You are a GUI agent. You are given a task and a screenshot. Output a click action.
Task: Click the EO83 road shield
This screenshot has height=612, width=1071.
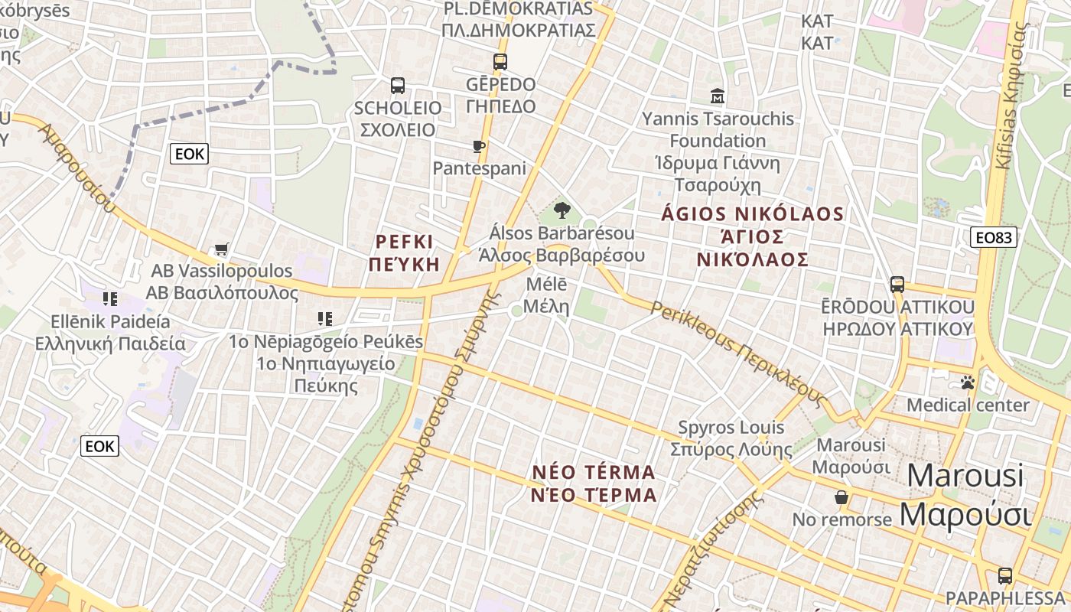tap(994, 237)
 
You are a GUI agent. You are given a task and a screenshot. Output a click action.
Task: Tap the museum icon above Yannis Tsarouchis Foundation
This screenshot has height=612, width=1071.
tap(718, 96)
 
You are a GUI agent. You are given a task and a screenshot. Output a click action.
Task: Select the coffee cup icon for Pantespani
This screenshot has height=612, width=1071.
tap(479, 146)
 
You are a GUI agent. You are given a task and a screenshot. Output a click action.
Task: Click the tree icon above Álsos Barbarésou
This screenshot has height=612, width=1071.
tap(562, 210)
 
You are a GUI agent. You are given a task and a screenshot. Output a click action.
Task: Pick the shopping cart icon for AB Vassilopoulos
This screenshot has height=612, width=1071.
tap(222, 249)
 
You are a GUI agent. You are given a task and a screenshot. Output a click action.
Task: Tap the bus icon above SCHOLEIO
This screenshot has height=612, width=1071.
tap(397, 86)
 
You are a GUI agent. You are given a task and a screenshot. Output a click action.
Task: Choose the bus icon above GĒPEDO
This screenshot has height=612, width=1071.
tap(500, 62)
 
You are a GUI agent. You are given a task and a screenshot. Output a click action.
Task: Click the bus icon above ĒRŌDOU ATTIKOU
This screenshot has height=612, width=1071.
tap(897, 285)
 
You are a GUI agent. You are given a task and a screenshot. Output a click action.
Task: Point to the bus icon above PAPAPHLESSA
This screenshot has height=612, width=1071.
tap(1004, 576)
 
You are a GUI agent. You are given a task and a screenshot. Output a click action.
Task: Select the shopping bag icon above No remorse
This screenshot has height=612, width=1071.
tap(841, 498)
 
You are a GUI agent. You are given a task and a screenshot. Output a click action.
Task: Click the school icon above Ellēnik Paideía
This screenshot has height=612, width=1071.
tap(110, 298)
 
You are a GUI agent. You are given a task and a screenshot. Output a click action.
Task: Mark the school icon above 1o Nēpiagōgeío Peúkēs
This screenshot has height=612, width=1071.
tap(325, 318)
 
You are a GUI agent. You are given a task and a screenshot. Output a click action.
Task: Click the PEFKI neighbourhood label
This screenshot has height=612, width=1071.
tap(405, 253)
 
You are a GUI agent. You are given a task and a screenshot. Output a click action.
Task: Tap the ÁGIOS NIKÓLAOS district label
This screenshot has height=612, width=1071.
tap(753, 236)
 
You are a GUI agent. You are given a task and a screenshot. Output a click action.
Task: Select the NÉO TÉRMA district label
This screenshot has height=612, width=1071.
tap(594, 483)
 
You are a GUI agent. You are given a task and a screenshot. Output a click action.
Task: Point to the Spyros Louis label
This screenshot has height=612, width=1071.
tap(731, 438)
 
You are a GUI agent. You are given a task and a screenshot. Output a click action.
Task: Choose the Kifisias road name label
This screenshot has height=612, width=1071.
tap(1011, 96)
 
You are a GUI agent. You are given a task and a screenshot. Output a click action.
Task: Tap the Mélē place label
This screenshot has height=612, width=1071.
tap(548, 295)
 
